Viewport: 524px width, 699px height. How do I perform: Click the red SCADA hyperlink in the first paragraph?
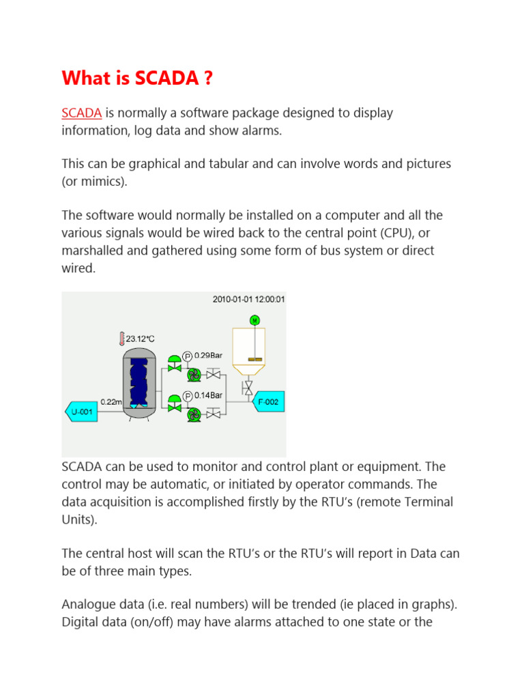82,113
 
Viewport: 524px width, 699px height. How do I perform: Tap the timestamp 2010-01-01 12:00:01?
248,299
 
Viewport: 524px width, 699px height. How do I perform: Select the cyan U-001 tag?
81,411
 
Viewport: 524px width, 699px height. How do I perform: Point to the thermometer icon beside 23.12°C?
121,338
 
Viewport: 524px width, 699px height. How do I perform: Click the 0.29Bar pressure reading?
209,356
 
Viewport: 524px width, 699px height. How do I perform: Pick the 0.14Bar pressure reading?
209,395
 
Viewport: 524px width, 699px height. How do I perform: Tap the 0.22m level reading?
111,403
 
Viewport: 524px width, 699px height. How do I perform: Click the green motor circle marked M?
254,319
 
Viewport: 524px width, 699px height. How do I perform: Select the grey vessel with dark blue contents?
139,382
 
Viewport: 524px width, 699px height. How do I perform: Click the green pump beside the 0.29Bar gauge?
194,374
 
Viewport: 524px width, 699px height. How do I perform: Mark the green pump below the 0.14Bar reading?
194,414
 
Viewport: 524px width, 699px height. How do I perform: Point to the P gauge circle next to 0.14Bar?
187,395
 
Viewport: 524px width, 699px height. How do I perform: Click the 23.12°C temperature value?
141,338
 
